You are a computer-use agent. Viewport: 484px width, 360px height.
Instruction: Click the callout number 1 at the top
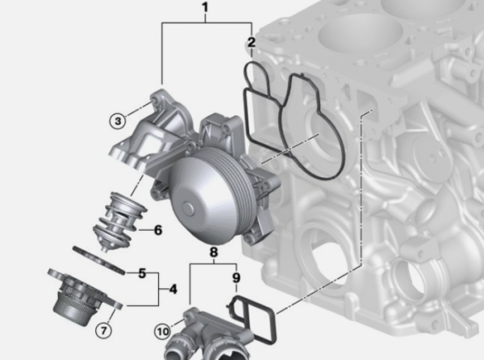pos(206,8)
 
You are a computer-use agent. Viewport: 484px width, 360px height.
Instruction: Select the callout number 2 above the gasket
pos(252,42)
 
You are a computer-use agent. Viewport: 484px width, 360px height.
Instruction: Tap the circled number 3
pos(118,121)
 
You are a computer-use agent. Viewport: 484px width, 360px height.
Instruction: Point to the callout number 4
pos(173,289)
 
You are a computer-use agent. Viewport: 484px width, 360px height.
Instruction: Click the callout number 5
pos(142,274)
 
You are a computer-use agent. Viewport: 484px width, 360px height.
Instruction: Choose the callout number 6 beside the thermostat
pos(158,230)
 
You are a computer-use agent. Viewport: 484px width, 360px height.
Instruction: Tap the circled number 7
pos(104,331)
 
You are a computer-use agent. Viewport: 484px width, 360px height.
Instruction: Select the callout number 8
pos(214,253)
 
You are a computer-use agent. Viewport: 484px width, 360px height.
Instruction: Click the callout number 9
pos(236,278)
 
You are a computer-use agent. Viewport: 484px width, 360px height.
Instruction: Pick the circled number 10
pos(163,332)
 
